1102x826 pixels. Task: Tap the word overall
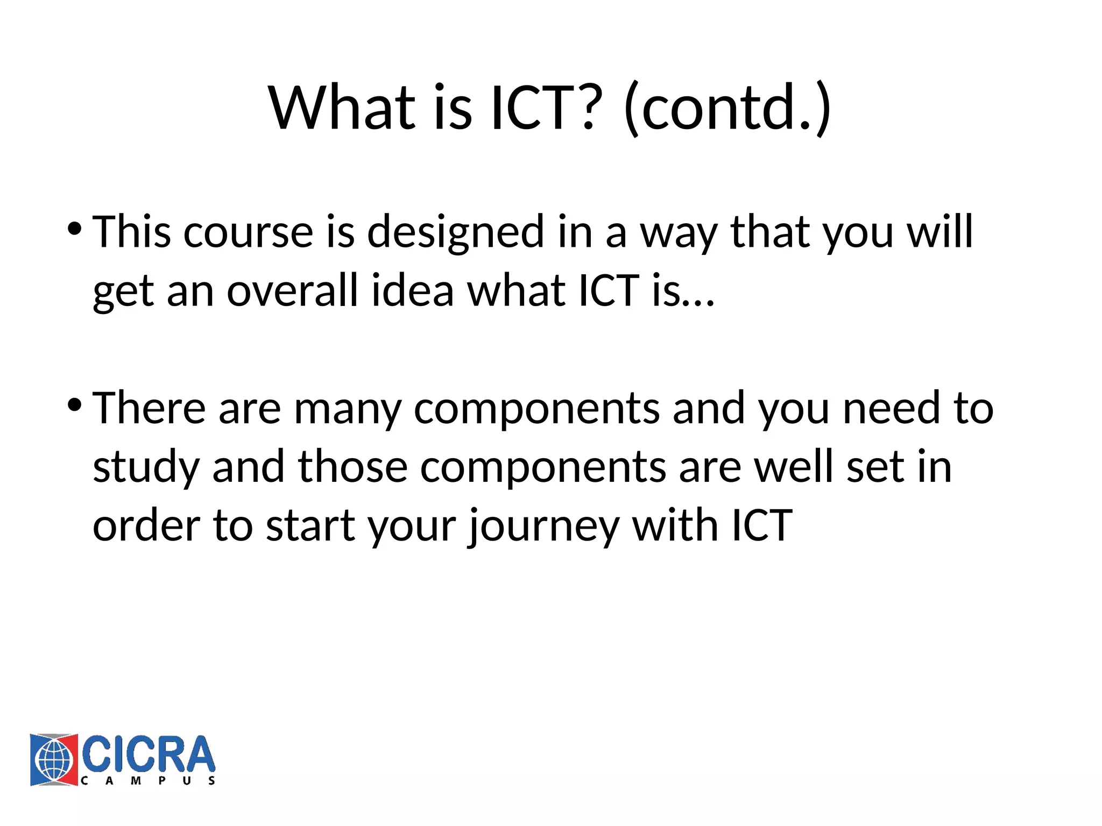click(292, 290)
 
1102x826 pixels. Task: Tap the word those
click(352, 467)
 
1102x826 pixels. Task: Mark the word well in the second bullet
click(794, 467)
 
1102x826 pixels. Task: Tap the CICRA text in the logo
click(149, 754)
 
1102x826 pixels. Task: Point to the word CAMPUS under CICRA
click(149, 781)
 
